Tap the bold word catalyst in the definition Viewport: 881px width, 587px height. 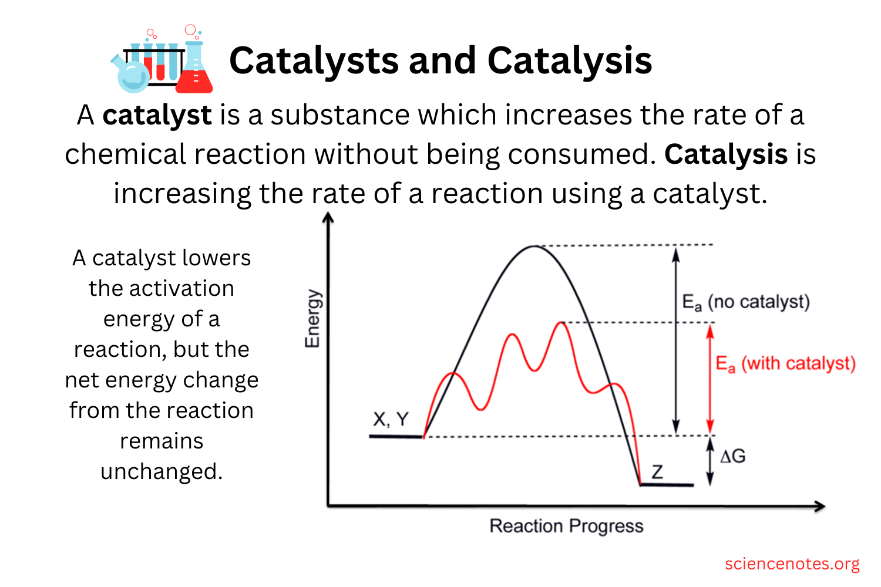(157, 115)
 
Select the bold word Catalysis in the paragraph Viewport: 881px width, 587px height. (726, 154)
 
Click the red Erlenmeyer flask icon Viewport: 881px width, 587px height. (194, 68)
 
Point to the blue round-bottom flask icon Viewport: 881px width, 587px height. (131, 75)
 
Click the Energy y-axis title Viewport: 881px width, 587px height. (312, 319)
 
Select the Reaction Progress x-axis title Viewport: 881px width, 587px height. (566, 526)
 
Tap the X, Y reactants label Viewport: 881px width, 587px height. (391, 419)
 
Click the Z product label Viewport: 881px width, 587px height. (657, 472)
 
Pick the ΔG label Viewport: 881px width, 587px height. (732, 456)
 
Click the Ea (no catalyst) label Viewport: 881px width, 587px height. (745, 302)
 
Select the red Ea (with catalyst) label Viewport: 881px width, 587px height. (785, 364)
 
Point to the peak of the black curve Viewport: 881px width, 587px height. (534, 246)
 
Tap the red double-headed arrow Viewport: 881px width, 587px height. (710, 379)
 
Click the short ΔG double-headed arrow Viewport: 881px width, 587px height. (710, 461)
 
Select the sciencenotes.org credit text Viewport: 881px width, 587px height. (792, 564)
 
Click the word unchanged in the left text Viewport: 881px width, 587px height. (161, 471)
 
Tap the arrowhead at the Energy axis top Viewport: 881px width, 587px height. (328, 218)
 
